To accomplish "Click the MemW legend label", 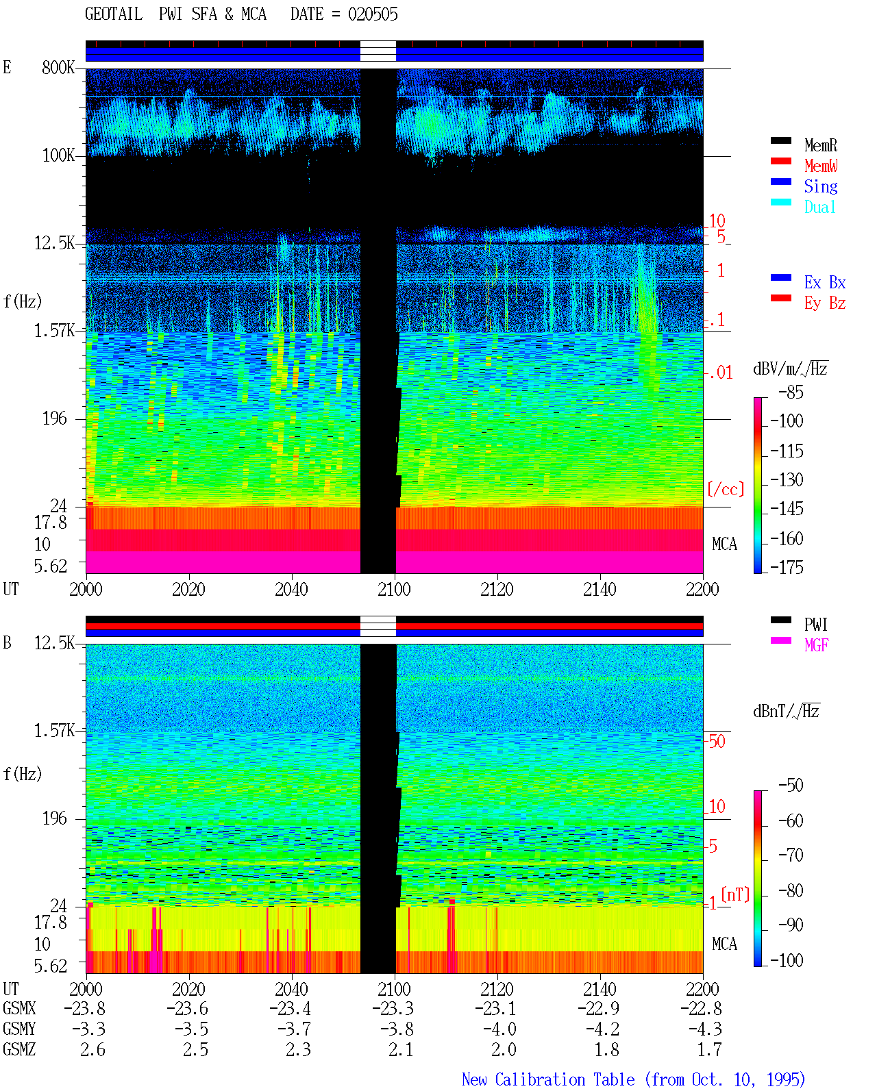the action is tap(820, 166).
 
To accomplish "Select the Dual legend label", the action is tap(819, 207).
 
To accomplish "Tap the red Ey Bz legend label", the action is tap(824, 303).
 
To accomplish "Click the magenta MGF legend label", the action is tap(816, 645).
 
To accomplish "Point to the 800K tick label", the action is tap(58, 67).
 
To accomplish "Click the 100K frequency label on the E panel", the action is tap(58, 155).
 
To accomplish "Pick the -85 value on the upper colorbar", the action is tap(791, 392).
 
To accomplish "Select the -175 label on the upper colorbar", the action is tap(787, 567).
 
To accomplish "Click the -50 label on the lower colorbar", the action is tap(791, 785).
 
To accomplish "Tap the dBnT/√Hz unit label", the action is tap(786, 711).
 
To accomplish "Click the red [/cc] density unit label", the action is tap(726, 489).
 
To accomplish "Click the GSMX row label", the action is tap(19, 1008).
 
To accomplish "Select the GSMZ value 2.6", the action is tap(92, 1049).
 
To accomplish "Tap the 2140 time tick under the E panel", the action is tap(600, 589).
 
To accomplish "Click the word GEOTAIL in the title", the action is tap(114, 14).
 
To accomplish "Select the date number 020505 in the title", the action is tap(373, 14).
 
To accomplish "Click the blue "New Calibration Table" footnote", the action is tap(548, 1079).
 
